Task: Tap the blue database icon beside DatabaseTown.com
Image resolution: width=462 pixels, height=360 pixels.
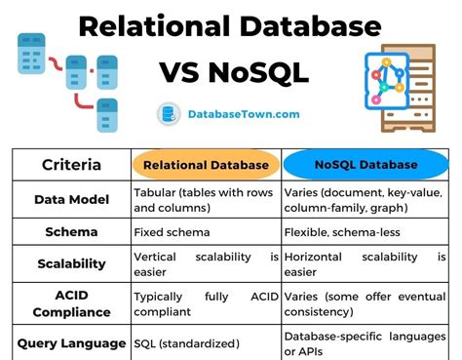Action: tap(167, 114)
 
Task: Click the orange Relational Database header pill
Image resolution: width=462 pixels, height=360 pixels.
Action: tap(207, 165)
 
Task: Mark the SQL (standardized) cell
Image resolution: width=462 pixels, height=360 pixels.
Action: tap(188, 343)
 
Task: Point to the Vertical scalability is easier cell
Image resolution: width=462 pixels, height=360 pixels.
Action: tap(207, 264)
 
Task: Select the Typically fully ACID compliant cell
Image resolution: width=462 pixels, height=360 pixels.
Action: tap(207, 304)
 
